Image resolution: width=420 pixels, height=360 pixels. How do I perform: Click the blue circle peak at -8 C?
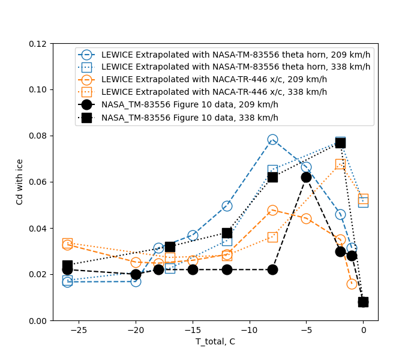coord(272,140)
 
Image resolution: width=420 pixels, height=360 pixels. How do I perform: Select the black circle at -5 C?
coord(306,177)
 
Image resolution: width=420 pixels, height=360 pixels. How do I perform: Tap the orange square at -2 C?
coord(340,164)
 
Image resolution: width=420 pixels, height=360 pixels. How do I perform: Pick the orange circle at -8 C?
coord(272,211)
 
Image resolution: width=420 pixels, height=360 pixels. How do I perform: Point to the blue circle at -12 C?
coord(227,206)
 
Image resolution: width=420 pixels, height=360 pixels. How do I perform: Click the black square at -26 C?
coord(67,265)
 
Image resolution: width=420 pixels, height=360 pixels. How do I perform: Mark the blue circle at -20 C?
coord(136,281)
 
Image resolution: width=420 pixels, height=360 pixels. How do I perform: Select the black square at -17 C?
coord(170,247)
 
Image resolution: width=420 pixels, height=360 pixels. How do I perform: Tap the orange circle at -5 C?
coord(306,218)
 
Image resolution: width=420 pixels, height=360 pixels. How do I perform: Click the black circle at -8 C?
coord(272,269)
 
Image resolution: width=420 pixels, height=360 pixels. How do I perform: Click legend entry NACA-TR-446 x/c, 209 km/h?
coord(214,79)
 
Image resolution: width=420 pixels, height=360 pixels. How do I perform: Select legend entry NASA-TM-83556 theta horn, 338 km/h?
coord(236,67)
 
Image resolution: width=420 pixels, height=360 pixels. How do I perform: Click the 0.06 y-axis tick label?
coord(40,182)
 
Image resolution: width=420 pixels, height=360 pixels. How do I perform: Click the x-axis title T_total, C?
coord(215,342)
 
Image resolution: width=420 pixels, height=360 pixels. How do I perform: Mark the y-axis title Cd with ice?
coord(20,182)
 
